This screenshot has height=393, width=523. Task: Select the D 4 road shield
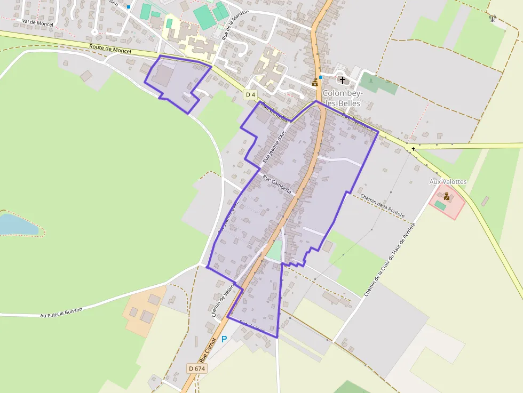(x=250, y=95)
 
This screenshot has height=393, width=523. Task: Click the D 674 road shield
(x=197, y=368)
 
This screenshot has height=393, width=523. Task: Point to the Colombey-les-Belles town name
(x=342, y=98)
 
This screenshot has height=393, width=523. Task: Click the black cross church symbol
(x=342, y=80)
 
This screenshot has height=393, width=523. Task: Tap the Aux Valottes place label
(x=448, y=182)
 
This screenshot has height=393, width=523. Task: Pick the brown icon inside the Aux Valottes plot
(x=447, y=196)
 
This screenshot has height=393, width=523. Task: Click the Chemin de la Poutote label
(x=382, y=206)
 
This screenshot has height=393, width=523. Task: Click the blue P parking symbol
(x=224, y=339)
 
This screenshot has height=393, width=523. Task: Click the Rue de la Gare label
(x=276, y=113)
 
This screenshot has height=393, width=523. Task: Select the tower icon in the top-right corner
(x=492, y=18)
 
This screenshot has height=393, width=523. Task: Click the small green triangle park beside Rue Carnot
(x=274, y=251)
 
